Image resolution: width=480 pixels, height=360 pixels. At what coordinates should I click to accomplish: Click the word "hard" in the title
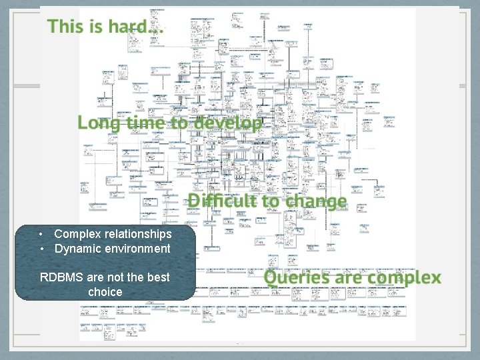tap(133, 27)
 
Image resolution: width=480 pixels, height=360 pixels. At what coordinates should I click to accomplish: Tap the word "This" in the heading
tap(64, 27)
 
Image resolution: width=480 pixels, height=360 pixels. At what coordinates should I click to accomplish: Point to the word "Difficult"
tap(221, 201)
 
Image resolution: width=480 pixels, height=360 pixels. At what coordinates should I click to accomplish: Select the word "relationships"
tap(137, 234)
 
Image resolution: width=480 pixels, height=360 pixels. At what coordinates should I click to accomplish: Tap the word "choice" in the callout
tap(105, 291)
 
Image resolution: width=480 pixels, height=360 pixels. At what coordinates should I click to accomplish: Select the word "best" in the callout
tap(157, 277)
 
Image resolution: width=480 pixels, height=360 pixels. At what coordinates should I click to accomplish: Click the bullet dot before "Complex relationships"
tap(41, 234)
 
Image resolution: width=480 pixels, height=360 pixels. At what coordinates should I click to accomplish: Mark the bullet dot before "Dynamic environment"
tap(41, 249)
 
